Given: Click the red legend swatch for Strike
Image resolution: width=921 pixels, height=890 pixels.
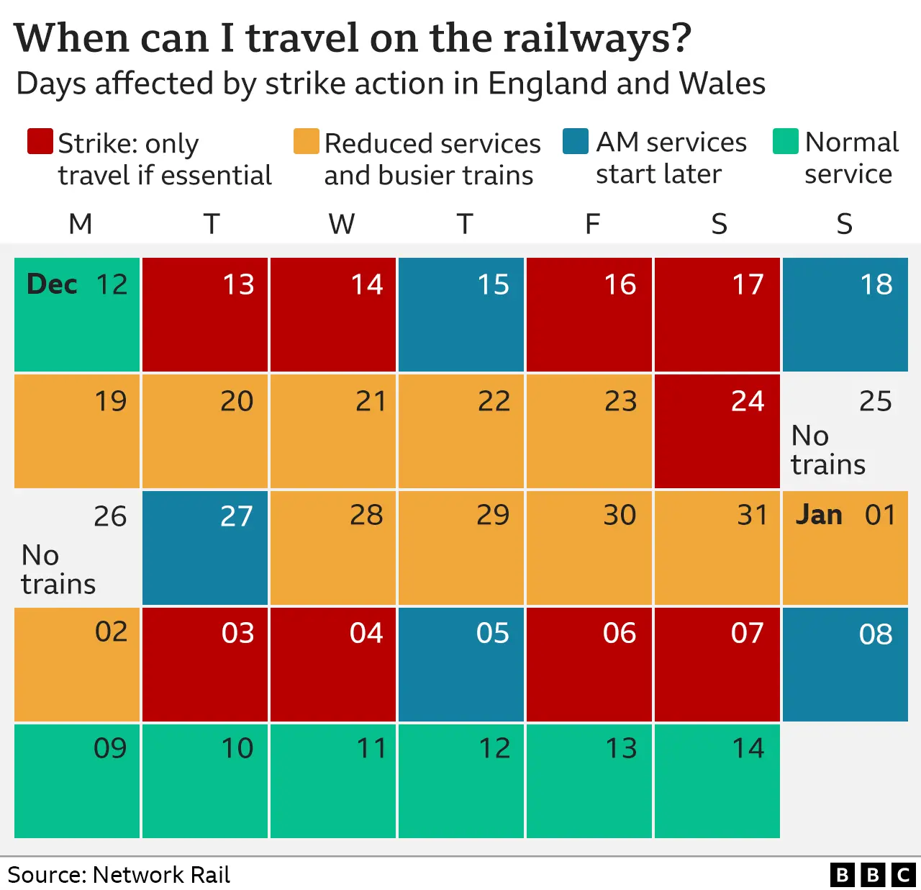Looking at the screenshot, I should pyautogui.click(x=40, y=142).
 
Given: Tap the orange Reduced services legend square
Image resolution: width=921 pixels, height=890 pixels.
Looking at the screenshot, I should pyautogui.click(x=306, y=142).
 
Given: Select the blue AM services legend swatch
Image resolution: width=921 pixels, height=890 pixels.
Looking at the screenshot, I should pyautogui.click(x=575, y=142).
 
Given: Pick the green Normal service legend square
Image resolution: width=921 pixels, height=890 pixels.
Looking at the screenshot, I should pyautogui.click(x=785, y=142).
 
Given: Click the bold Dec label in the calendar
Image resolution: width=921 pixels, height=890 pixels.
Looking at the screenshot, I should pyautogui.click(x=52, y=284).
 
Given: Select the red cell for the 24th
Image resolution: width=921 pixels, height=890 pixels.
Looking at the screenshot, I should pyautogui.click(x=717, y=431).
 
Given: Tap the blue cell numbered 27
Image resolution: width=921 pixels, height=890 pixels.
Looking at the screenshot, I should pyautogui.click(x=205, y=547).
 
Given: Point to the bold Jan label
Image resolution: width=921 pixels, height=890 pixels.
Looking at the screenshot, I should pyautogui.click(x=819, y=515).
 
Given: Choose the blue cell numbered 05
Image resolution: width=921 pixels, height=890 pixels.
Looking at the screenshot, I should pyautogui.click(x=460, y=664).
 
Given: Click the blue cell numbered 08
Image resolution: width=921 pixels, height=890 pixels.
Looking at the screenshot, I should pyautogui.click(x=845, y=664).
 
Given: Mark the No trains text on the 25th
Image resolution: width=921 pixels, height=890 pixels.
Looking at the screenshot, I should pyautogui.click(x=827, y=450).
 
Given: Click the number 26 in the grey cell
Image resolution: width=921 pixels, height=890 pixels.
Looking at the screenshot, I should pyautogui.click(x=110, y=516).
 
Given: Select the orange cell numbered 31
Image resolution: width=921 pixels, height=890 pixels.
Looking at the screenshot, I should pyautogui.click(x=717, y=547).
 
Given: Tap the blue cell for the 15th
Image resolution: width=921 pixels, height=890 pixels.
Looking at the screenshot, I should pyautogui.click(x=460, y=314).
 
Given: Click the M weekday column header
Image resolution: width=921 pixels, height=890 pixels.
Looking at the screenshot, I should pyautogui.click(x=80, y=224).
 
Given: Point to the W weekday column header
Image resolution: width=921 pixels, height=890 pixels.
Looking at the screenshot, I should pyautogui.click(x=342, y=224).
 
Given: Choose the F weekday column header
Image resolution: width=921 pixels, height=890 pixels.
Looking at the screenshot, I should pyautogui.click(x=592, y=224).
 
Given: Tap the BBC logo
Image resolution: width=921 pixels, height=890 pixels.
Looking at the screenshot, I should pyautogui.click(x=872, y=874).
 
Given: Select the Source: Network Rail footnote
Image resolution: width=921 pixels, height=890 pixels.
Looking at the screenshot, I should pyautogui.click(x=119, y=875).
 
